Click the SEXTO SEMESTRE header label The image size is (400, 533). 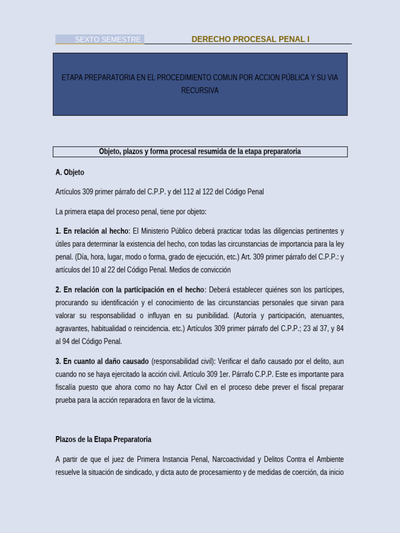(107, 40)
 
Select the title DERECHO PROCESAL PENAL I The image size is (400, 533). (250, 40)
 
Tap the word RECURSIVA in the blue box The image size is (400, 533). (200, 91)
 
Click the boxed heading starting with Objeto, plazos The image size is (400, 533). (200, 151)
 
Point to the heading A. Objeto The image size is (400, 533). (70, 172)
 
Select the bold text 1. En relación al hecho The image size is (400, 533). (92, 231)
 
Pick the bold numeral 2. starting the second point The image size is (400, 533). (58, 290)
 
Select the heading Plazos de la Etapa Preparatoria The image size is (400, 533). (103, 439)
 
